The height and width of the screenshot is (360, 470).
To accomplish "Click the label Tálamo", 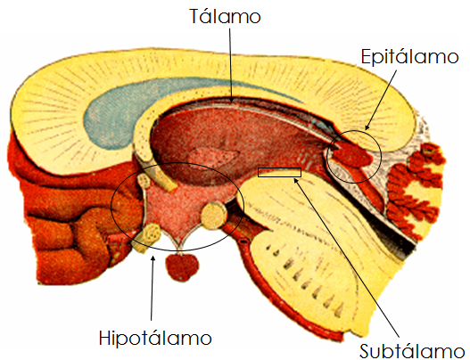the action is pyautogui.click(x=225, y=16).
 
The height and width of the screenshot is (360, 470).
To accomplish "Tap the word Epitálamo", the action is pyautogui.click(x=409, y=57).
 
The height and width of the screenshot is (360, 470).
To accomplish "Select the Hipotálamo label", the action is pyautogui.click(x=155, y=338).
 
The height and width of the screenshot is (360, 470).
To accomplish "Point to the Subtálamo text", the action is pyautogui.click(x=412, y=350).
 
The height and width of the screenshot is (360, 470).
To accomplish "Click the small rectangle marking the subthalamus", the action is pyautogui.click(x=279, y=172).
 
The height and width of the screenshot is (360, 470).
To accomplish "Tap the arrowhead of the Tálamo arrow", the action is pyautogui.click(x=231, y=100).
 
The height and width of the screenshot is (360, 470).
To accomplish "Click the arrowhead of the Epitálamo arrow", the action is pyautogui.click(x=367, y=127).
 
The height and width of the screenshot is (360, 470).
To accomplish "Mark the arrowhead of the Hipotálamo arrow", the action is pyautogui.click(x=153, y=258).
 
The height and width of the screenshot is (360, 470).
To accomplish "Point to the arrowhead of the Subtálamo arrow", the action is pyautogui.click(x=296, y=180).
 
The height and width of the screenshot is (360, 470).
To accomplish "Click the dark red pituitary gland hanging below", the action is pyautogui.click(x=182, y=266).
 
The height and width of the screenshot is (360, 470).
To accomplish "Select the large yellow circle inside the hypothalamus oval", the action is pyautogui.click(x=213, y=216).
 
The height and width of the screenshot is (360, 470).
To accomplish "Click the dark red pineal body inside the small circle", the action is pyautogui.click(x=351, y=155).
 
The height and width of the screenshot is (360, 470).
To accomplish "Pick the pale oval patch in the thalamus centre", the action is pyautogui.click(x=214, y=156).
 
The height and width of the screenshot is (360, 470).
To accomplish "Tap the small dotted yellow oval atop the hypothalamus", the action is pyautogui.click(x=144, y=182).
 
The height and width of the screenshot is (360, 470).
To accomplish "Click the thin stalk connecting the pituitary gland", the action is pyautogui.click(x=180, y=249).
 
